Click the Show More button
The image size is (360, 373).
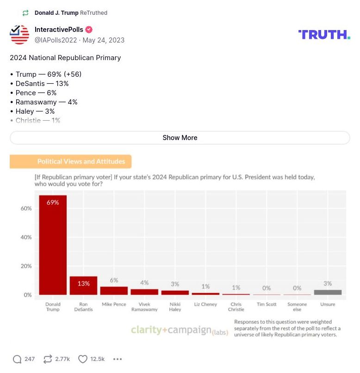[180, 138]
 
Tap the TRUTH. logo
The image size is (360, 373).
[324, 35]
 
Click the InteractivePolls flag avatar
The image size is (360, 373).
[19, 35]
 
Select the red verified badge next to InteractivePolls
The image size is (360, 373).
[89, 30]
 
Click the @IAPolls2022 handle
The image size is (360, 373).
[56, 40]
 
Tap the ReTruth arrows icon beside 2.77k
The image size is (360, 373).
[47, 359]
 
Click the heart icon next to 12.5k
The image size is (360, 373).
[82, 359]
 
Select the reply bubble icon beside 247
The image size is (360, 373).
[17, 359]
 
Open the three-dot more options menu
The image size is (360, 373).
[118, 359]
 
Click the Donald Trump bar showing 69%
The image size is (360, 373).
[53, 245]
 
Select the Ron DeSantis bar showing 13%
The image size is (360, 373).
[83, 286]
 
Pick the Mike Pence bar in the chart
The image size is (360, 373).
[114, 291]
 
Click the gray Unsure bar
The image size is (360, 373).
[328, 292]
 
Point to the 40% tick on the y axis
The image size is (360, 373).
[26, 237]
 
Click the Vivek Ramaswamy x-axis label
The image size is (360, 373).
[144, 307]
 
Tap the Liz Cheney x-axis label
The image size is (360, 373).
[205, 305]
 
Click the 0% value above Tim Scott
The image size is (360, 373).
[267, 288]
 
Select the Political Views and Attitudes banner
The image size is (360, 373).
[71, 162]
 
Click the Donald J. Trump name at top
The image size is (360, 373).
[56, 13]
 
